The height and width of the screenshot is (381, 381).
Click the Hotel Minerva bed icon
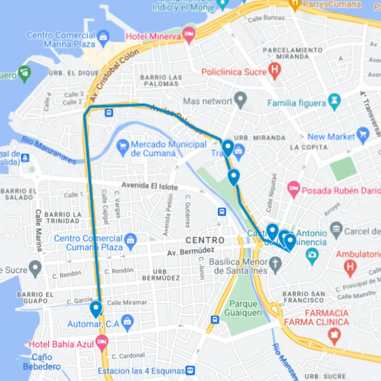(x=189, y=35)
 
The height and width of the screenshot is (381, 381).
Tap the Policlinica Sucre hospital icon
(x=275, y=70)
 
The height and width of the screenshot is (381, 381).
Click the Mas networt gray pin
(x=241, y=99)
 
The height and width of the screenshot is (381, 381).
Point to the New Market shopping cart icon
(x=362, y=135)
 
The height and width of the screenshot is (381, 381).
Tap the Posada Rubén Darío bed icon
(x=294, y=189)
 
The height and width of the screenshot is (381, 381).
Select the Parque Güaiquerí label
(x=243, y=308)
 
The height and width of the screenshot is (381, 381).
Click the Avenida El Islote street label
(x=150, y=186)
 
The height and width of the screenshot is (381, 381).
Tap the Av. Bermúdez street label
(x=190, y=252)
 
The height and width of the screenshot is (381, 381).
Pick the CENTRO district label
(x=205, y=240)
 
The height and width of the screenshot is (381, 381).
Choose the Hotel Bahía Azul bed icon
(x=102, y=342)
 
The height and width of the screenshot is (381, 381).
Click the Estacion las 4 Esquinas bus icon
(x=190, y=371)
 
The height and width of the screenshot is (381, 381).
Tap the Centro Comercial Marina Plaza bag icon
(x=103, y=36)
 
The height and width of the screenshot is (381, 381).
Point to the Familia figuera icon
(x=334, y=102)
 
